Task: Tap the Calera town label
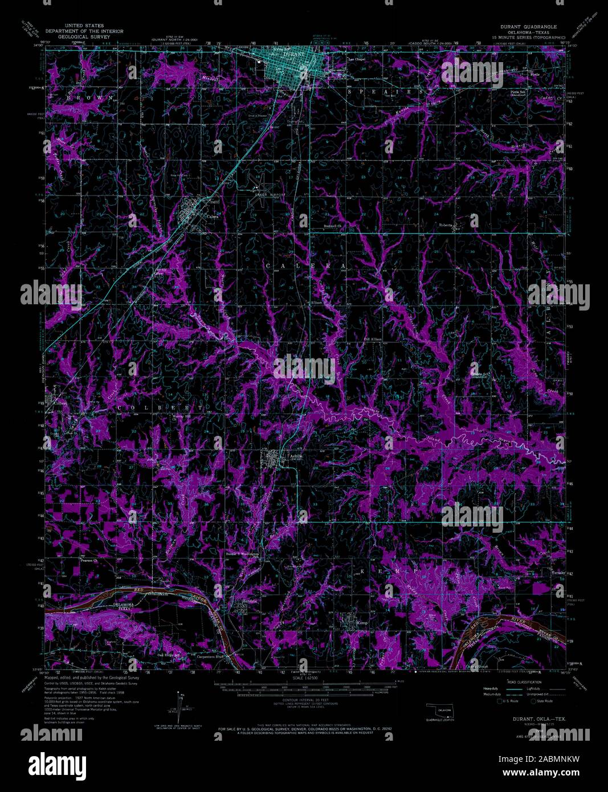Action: click(213, 217)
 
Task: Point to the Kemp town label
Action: click(362, 623)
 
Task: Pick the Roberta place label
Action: click(446, 225)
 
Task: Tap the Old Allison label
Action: click(373, 339)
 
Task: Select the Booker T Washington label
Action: click(243, 553)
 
